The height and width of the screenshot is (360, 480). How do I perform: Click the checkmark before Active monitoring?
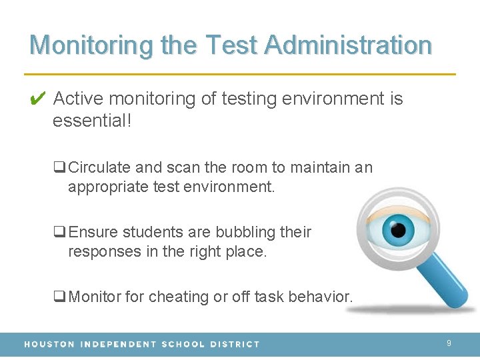37,99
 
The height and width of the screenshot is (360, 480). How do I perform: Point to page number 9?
449,343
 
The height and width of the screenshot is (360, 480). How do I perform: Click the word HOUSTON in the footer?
49,344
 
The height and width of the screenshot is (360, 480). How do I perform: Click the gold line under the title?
240,73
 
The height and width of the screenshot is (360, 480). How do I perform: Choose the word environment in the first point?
332,99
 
